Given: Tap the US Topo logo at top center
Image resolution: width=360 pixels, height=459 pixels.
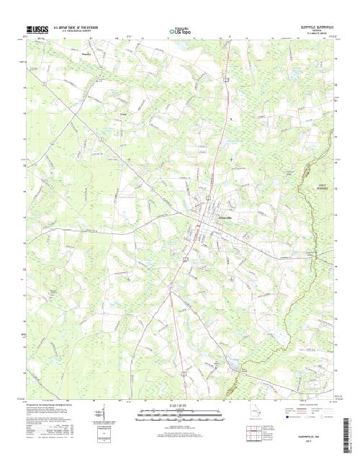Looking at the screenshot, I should [179, 31].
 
